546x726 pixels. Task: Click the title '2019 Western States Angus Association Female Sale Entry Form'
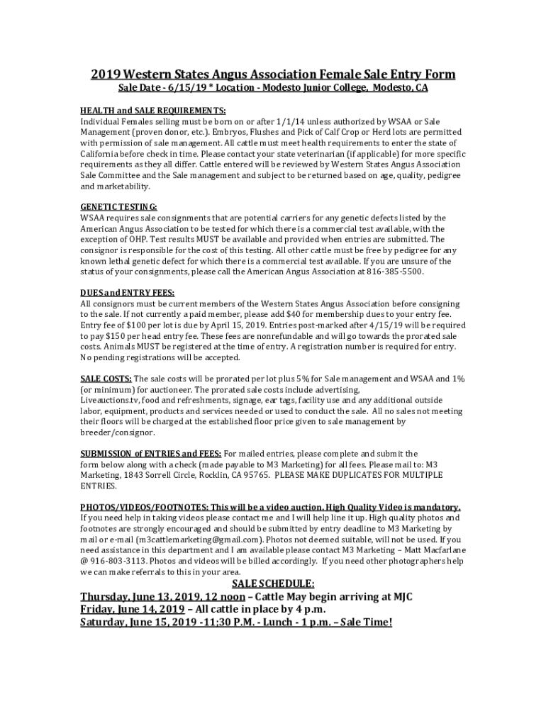pyautogui.click(x=272, y=74)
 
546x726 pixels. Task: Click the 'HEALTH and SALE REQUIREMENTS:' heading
pyautogui.click(x=153, y=111)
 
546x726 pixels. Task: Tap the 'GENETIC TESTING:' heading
pyautogui.click(x=119, y=207)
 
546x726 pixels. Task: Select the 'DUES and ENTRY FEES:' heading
pyautogui.click(x=127, y=293)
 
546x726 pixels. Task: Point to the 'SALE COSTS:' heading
pyautogui.click(x=106, y=379)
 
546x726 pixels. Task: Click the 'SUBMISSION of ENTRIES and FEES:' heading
pyautogui.click(x=151, y=454)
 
